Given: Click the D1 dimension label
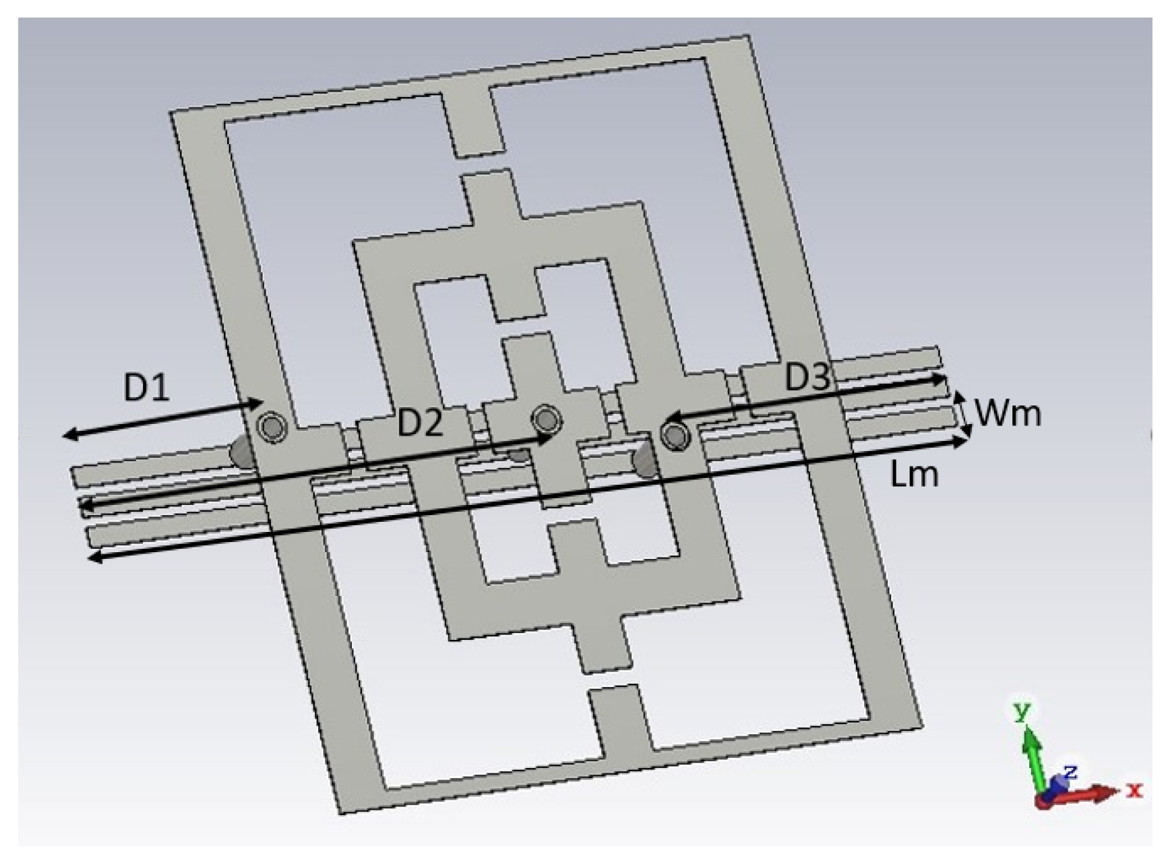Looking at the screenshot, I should click(x=146, y=388).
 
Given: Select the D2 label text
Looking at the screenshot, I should click(x=420, y=423).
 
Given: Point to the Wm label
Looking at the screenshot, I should click(x=1008, y=413).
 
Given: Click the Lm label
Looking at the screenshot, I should click(x=914, y=475).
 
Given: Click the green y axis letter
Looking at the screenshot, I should click(x=1023, y=711).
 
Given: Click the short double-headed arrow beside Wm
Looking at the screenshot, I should click(x=965, y=414).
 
